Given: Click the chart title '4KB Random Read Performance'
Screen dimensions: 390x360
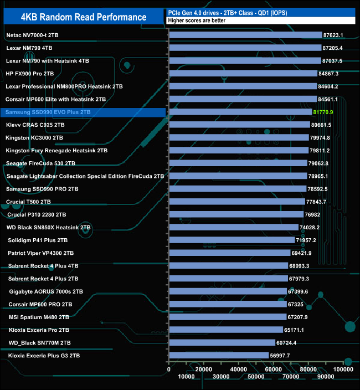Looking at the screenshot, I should click(84, 17).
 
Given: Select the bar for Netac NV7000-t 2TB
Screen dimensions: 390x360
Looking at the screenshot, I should click(245, 35).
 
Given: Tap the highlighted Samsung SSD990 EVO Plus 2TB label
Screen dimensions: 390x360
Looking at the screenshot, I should click(48, 112).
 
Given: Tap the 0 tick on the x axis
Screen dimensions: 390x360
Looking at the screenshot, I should click(169, 369).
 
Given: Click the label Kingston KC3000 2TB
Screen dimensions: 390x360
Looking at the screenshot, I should click(34, 137).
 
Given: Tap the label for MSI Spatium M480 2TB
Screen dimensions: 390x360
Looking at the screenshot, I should click(39, 317).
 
